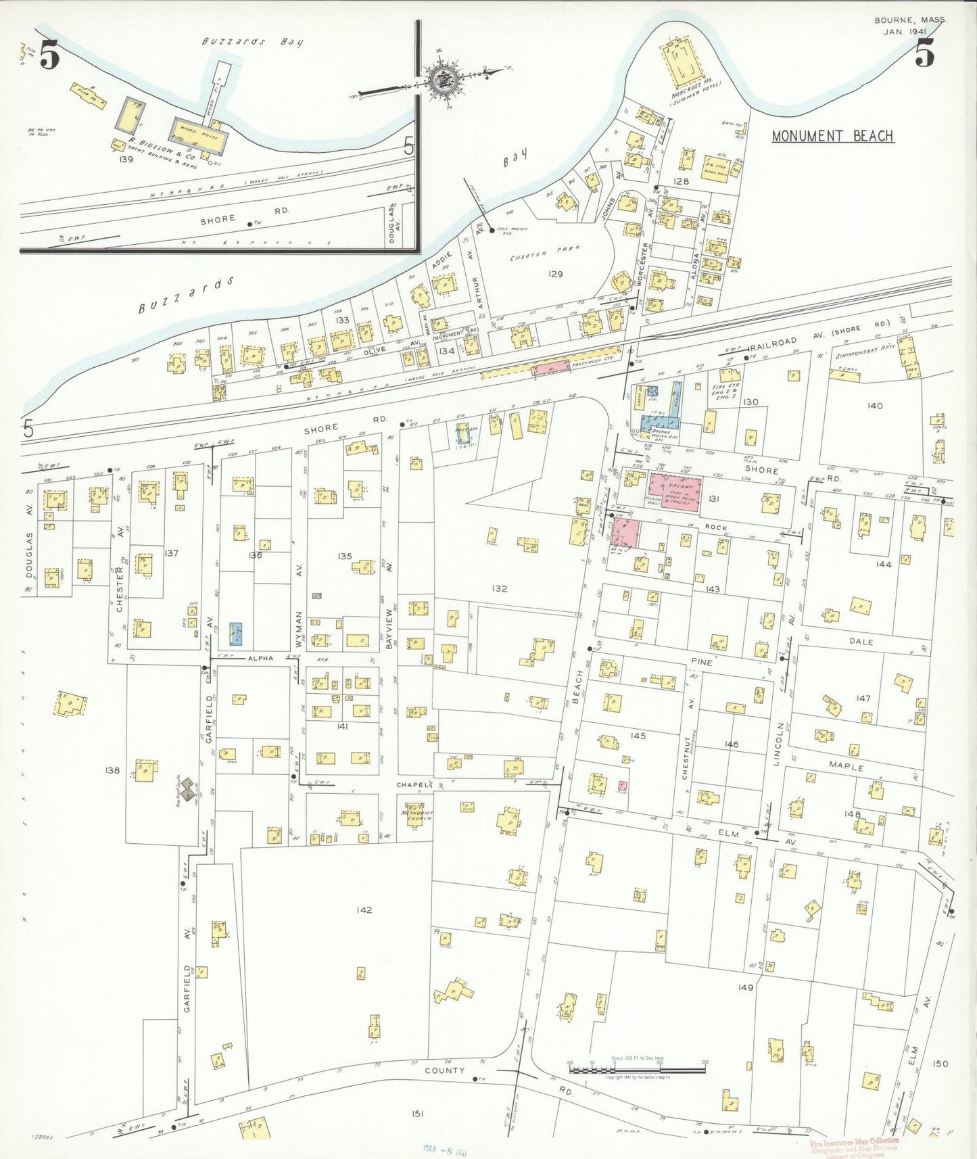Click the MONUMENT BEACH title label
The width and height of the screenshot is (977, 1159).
(832, 136)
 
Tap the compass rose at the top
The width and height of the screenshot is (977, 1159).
(444, 78)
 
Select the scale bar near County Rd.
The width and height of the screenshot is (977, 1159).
(637, 1070)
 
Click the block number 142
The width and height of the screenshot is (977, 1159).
(364, 910)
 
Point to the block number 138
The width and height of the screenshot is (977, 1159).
(112, 770)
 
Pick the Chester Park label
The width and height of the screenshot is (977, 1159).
(546, 256)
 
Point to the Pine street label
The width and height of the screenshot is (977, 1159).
(702, 662)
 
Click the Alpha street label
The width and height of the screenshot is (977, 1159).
(260, 658)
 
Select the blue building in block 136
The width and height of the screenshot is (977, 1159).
(236, 633)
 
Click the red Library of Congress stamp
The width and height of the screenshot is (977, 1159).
(855, 1147)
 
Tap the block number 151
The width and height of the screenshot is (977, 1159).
(417, 1114)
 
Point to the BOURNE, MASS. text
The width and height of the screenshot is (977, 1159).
(910, 20)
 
